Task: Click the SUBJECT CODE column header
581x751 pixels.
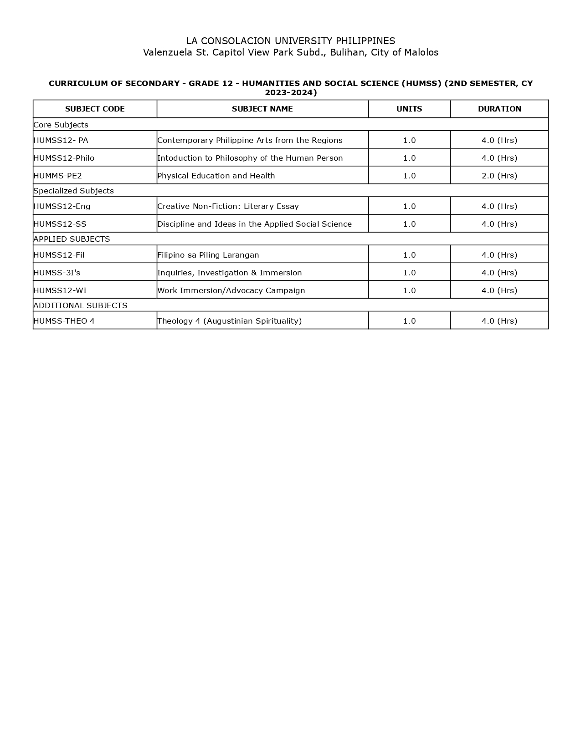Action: (95, 109)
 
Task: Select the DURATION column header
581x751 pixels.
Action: (499, 109)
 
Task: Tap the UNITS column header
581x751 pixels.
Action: (409, 109)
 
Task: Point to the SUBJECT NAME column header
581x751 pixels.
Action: (262, 109)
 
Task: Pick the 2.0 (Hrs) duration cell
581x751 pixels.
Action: (499, 176)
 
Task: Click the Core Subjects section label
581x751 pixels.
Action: (61, 125)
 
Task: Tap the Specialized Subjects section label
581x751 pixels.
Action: (73, 191)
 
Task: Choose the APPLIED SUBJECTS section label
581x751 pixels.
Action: (72, 239)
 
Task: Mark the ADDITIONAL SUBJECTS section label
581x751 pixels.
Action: (80, 305)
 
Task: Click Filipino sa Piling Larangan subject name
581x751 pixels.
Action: (208, 255)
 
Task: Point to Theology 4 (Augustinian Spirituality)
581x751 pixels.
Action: (229, 321)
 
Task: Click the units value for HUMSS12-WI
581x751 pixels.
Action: (409, 290)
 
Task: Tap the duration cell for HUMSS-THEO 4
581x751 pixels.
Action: (499, 321)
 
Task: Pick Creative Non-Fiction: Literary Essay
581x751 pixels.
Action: (228, 206)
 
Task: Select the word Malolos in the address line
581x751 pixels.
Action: (421, 52)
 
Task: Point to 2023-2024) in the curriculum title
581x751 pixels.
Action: (291, 92)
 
